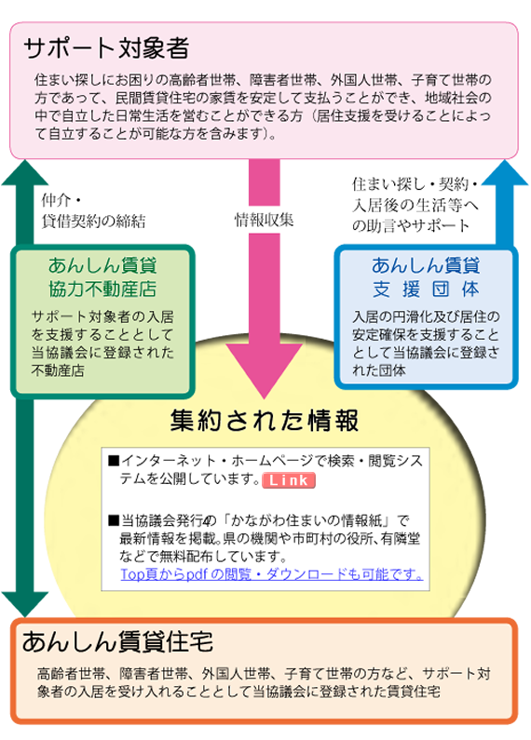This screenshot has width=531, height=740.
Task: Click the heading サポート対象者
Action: pyautogui.click(x=106, y=48)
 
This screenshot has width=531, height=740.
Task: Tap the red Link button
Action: pyautogui.click(x=289, y=480)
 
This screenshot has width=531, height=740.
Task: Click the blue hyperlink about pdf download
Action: pyautogui.click(x=272, y=574)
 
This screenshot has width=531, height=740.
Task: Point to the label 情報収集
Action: pyautogui.click(x=264, y=220)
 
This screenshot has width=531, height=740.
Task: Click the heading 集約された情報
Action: pyautogui.click(x=265, y=420)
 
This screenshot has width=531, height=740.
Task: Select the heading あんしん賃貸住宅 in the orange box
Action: pyautogui.click(x=117, y=642)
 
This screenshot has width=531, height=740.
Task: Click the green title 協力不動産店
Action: pyautogui.click(x=102, y=289)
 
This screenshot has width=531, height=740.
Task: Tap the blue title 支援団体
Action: pyautogui.click(x=426, y=289)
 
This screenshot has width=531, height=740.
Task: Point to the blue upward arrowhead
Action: pyautogui.click(x=505, y=173)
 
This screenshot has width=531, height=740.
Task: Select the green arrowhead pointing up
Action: pyautogui.click(x=25, y=173)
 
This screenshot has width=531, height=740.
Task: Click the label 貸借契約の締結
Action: pyautogui.click(x=93, y=221)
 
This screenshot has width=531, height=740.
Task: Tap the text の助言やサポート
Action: pyautogui.click(x=411, y=225)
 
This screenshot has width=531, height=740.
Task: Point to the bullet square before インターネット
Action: pyautogui.click(x=114, y=460)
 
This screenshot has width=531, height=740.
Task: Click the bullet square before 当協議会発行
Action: pyautogui.click(x=114, y=520)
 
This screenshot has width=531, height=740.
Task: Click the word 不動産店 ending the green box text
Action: pyautogui.click(x=58, y=371)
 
